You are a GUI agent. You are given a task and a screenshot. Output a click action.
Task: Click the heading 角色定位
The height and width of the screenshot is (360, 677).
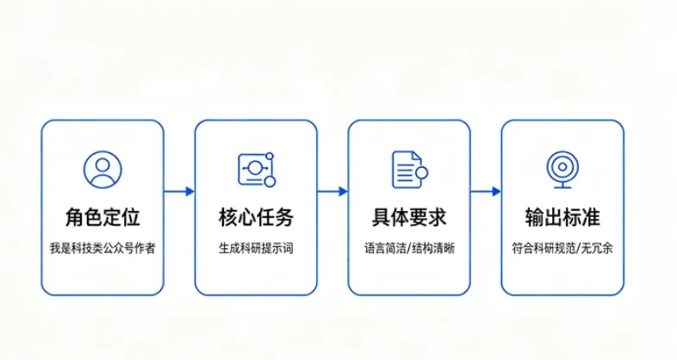coord(102,217)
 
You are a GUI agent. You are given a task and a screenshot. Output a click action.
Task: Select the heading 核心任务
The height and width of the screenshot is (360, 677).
coord(256,217)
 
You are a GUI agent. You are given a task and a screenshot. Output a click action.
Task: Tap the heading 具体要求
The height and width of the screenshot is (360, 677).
coord(409,217)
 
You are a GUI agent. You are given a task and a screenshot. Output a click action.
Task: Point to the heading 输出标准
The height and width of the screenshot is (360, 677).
coord(562,217)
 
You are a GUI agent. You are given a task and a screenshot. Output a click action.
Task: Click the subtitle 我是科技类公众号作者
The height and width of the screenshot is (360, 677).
coord(102,248)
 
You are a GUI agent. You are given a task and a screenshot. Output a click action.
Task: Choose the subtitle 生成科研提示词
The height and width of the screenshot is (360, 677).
coord(256,248)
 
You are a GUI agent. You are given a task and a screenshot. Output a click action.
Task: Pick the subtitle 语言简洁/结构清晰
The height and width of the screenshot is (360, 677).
coord(409,248)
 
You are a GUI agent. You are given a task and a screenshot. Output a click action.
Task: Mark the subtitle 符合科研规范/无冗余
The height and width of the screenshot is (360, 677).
coord(562,248)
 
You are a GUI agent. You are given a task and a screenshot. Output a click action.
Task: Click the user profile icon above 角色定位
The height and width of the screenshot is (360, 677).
coord(102,169)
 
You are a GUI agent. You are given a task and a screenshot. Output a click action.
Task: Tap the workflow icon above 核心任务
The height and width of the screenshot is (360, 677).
coord(257,169)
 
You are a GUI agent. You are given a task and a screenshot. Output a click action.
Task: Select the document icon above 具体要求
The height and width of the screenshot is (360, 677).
coord(410,169)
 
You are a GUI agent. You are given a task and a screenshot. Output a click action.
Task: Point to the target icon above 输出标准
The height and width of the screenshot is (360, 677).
coord(562,169)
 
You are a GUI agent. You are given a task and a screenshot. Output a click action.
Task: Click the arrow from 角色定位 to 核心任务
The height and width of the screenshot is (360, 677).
coord(179,191)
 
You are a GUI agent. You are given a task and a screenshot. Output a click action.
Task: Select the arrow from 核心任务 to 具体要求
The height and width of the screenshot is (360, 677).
coord(332,191)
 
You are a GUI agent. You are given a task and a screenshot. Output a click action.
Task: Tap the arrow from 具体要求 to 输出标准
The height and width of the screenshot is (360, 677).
coord(486,191)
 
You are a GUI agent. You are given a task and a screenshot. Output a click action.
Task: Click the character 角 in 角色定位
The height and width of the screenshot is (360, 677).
coord(75,217)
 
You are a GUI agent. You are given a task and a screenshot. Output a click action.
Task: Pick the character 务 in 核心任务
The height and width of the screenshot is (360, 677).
coord(284,217)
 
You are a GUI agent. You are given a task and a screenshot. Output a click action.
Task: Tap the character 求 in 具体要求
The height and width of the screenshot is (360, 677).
coord(438,217)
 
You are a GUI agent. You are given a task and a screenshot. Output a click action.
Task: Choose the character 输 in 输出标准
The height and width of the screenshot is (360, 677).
coord(535,217)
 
